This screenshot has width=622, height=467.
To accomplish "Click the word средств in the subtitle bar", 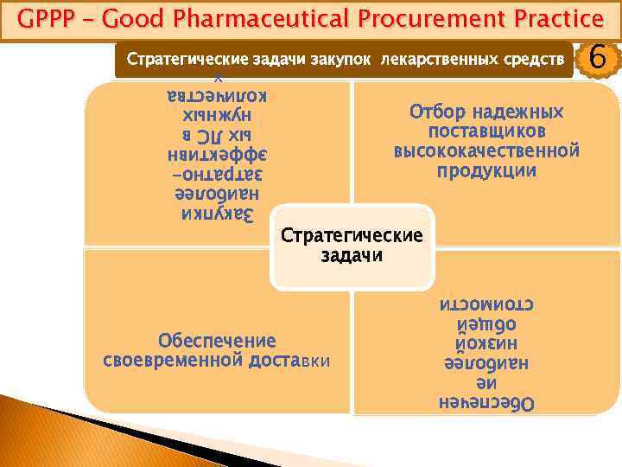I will [530, 60].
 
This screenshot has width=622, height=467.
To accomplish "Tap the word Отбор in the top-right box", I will [438, 112].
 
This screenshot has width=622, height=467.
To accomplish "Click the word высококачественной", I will [486, 151].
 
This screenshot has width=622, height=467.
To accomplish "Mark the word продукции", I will [486, 170].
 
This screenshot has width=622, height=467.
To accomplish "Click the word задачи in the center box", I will [352, 256].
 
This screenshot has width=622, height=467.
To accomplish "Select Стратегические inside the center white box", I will [352, 236].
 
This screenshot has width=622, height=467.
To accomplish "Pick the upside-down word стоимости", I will [486, 305].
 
